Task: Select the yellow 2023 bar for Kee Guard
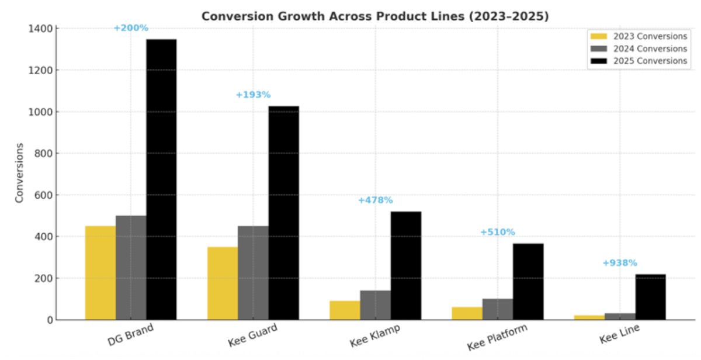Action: point(223,283)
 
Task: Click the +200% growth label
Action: point(131,27)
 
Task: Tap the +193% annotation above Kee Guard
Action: point(253,95)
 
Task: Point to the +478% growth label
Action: point(375,200)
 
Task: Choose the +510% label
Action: point(498,232)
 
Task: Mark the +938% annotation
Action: point(620,263)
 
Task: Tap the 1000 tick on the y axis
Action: point(41,112)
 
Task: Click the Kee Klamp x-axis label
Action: point(375,336)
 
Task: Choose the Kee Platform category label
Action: point(497,338)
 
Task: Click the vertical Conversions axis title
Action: point(19,173)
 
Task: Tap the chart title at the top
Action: point(375,16)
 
